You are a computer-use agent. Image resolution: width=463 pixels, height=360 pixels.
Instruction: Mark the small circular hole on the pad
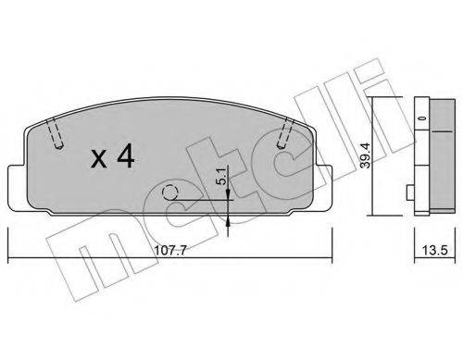[x=170, y=193]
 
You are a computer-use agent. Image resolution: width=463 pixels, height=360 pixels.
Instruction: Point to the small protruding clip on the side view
[x=409, y=192]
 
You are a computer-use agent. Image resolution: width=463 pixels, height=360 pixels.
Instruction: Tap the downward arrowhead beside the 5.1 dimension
[x=228, y=190]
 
